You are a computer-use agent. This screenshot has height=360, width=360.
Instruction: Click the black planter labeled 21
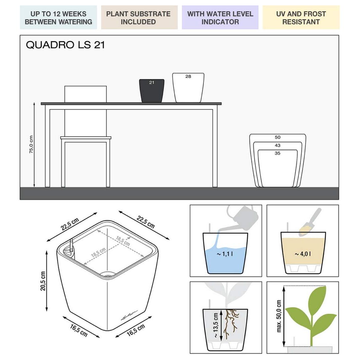coord(152,91)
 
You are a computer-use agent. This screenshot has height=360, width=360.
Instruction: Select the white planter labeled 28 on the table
coord(188,88)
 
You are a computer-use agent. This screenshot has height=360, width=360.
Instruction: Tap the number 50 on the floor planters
coord(278,137)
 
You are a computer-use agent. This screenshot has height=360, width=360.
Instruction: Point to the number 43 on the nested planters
coord(278,145)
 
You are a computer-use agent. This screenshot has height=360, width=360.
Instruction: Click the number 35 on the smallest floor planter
coord(278,153)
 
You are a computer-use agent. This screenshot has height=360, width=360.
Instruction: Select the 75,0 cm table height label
coord(31,144)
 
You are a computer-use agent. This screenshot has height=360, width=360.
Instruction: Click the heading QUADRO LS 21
coord(65,45)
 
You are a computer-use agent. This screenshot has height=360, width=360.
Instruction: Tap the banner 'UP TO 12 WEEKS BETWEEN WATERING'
coord(58,18)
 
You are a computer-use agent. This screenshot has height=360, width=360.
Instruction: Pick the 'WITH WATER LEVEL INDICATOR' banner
coord(220,18)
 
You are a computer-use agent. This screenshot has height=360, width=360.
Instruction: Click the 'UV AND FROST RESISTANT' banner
coord(301,18)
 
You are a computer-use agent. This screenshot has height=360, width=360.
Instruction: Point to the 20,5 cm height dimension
coord(43,281)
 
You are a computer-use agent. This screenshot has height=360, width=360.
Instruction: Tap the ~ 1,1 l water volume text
coord(225,254)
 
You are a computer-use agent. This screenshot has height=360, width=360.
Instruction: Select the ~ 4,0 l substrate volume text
coord(303,254)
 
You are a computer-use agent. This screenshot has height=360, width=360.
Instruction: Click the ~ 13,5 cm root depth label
coord(216,325)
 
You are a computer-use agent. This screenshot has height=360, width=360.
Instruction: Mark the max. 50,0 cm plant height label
coord(279,316)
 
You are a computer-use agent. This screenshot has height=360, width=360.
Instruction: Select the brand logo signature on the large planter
coord(130,315)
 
